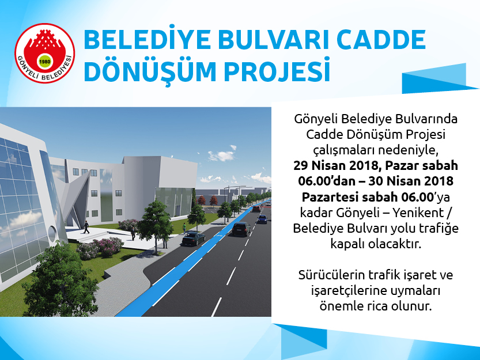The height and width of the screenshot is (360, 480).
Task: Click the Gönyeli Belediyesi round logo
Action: [45, 53]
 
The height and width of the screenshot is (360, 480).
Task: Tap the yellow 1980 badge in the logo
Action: [45, 62]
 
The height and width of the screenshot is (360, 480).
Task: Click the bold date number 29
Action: [301, 166]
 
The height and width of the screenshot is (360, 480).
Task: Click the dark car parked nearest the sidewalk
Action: [194, 238]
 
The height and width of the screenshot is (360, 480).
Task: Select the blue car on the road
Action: [262, 218]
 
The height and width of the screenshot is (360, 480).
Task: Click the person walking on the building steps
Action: [86, 227]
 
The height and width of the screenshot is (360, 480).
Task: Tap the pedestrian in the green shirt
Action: [184, 228]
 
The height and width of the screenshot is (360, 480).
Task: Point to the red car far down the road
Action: [256, 209]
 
